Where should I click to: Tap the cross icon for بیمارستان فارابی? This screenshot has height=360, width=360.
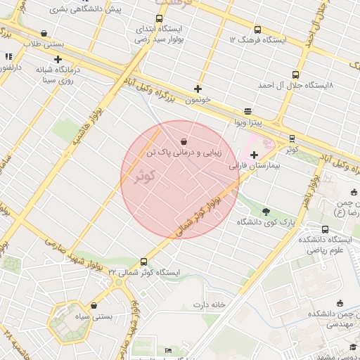[x=254, y=154]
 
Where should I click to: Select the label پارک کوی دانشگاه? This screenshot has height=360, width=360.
[x=266, y=223]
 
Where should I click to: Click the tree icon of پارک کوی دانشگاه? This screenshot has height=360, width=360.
[x=265, y=211]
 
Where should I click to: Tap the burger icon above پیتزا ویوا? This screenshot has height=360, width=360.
[x=247, y=111]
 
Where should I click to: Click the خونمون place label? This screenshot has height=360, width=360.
[x=198, y=101]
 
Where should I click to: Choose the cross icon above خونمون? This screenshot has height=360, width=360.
[x=198, y=89]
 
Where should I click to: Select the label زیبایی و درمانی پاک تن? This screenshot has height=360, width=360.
[x=184, y=153]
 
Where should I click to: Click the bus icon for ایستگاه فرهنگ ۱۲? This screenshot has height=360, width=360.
[x=257, y=30]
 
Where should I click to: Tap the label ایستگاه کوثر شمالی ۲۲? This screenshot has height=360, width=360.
[x=144, y=273]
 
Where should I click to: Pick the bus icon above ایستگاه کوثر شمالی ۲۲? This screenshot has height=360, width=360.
[x=144, y=261]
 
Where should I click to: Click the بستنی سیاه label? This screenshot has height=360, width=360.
[x=94, y=318]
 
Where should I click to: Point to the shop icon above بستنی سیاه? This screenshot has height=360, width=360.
[x=94, y=306]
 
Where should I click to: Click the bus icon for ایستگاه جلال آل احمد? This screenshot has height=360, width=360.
[x=295, y=74]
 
